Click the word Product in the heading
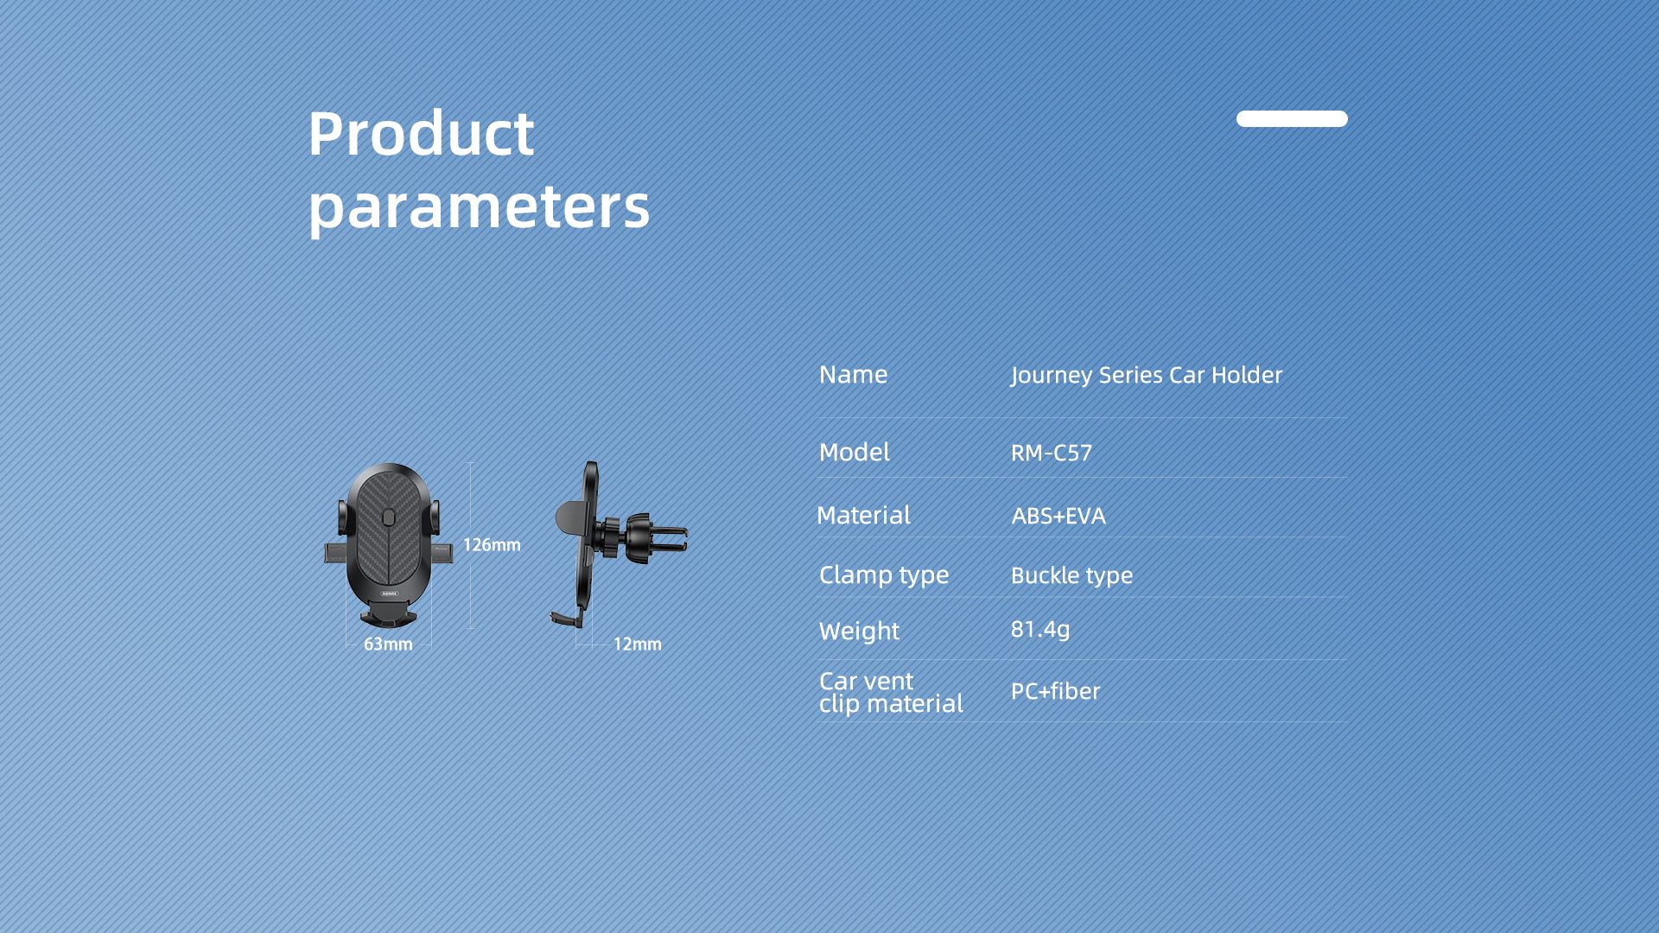pos(421,134)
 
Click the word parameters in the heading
pos(479,208)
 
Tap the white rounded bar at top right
pos(1292,118)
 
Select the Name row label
pos(853,374)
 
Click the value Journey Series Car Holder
pos(1147,375)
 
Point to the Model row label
pos(854,452)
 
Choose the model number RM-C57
pos(1052,453)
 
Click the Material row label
pos(863,515)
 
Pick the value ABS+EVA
pos(1058,516)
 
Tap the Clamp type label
pos(884,575)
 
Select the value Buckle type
pos(1071,576)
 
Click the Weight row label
pos(859,632)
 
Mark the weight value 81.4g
pos(1040,630)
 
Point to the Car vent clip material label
pos(891,692)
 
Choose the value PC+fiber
pos(1055,691)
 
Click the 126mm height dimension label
pos(492,545)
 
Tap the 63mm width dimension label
pos(388,644)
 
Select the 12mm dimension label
pos(638,644)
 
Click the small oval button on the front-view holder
pos(388,517)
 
